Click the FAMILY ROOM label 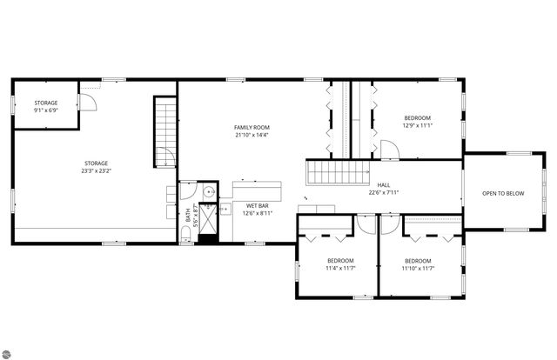[252, 128]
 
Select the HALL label [383, 185]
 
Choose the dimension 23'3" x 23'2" [96, 170]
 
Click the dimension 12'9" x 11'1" [417, 125]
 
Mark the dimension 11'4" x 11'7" [340, 268]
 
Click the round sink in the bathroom [210, 194]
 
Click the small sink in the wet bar [224, 209]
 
